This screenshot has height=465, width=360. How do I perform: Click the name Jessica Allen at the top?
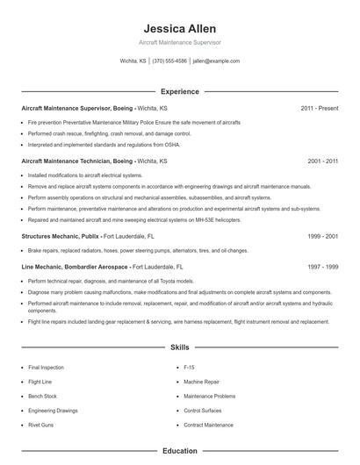tap(179, 28)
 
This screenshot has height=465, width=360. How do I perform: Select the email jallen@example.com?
tap(216, 61)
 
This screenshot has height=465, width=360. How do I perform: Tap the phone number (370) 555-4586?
tap(169, 61)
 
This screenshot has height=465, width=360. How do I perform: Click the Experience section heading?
tap(179, 91)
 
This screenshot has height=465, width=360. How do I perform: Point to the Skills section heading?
tap(179, 347)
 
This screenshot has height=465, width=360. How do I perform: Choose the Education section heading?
tap(179, 451)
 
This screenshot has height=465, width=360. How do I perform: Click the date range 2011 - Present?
tap(319, 108)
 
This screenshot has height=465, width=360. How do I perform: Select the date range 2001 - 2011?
tap(322, 161)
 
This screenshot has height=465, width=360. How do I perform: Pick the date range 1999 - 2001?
tap(322, 236)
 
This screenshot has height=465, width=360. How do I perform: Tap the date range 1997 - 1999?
tap(322, 266)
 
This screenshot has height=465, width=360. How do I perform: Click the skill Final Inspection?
tap(46, 367)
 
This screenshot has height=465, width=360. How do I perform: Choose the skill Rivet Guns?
tap(40, 425)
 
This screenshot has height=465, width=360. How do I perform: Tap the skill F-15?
tap(189, 367)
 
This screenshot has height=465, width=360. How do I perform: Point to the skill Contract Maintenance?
tap(208, 425)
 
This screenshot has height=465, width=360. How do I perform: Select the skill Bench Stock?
tap(42, 396)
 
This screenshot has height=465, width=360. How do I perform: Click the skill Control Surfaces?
tap(204, 410)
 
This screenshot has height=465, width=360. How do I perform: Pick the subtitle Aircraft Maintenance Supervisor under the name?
tap(179, 42)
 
